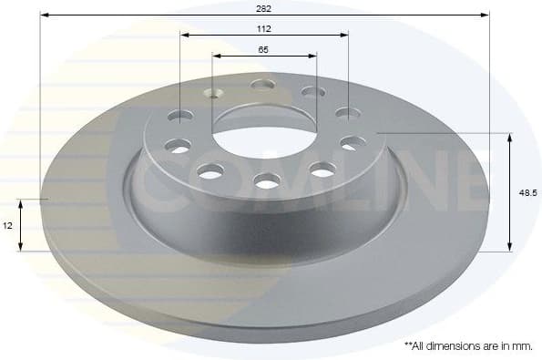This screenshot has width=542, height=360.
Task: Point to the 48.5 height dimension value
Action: pyautogui.click(x=526, y=193)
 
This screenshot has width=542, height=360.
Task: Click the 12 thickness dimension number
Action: pyautogui.click(x=7, y=224)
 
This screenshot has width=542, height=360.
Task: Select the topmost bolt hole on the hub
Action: pyautogui.click(x=262, y=85)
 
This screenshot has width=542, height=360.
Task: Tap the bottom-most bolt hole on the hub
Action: pyautogui.click(x=266, y=182)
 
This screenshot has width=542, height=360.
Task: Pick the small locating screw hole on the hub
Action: pyautogui.click(x=215, y=92)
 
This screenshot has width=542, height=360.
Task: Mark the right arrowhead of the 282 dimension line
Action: pyautogui.click(x=486, y=15)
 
